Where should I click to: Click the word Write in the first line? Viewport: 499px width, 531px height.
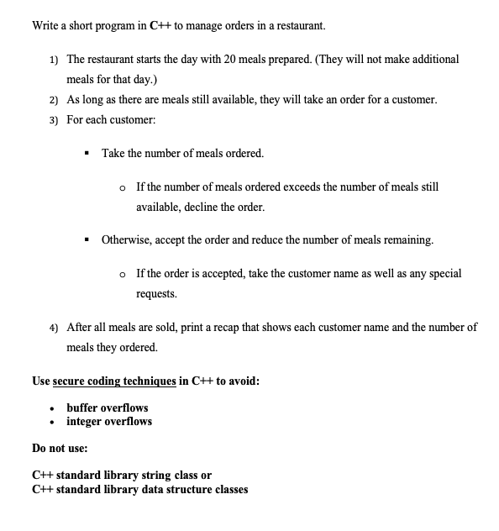click(x=46, y=25)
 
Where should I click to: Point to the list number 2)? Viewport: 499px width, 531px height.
click(x=53, y=99)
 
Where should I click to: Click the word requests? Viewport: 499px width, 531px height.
click(x=159, y=295)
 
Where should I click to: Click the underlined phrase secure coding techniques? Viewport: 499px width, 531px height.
click(x=115, y=381)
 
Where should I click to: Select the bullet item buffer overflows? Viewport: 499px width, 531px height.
click(x=108, y=407)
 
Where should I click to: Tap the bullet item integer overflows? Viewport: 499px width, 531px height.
click(x=109, y=421)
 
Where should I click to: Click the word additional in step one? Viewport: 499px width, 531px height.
click(x=428, y=60)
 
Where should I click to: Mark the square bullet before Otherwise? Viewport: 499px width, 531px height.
click(x=87, y=239)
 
